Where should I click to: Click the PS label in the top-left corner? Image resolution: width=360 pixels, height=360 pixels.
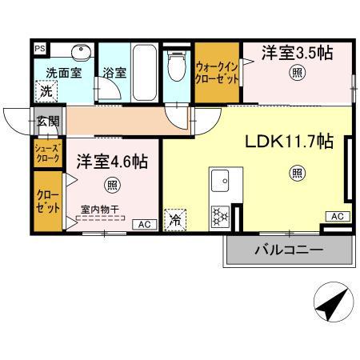(x=38, y=48)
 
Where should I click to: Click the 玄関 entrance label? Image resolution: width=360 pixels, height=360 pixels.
(x=46, y=122)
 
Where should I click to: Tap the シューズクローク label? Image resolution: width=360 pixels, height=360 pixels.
(x=45, y=153)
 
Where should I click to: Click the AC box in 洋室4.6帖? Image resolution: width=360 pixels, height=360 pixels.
(x=146, y=224)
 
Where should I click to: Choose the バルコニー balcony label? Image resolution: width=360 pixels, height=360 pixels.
(x=289, y=250)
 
